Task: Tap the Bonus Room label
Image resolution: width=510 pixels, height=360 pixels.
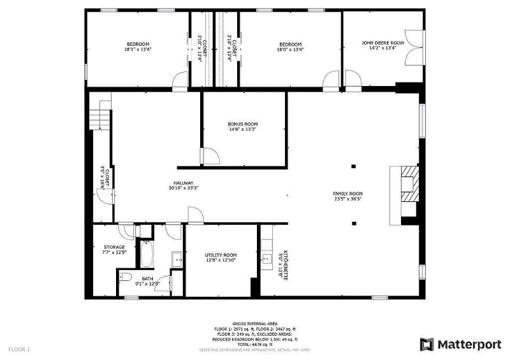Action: [243, 124]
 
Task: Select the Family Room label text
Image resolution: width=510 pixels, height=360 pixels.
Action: [347, 194]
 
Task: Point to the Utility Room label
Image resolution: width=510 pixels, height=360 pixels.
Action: [221, 255]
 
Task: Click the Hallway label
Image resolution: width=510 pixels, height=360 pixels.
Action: [181, 184]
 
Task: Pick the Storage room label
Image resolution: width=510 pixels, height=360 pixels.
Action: [114, 247]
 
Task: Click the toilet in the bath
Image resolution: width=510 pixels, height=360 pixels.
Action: [126, 277]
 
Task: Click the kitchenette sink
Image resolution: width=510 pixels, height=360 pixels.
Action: [265, 258]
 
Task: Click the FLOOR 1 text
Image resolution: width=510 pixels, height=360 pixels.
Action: [18, 349]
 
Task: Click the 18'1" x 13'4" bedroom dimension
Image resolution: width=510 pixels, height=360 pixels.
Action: [138, 49]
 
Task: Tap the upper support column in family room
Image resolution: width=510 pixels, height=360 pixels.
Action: [353, 167]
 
